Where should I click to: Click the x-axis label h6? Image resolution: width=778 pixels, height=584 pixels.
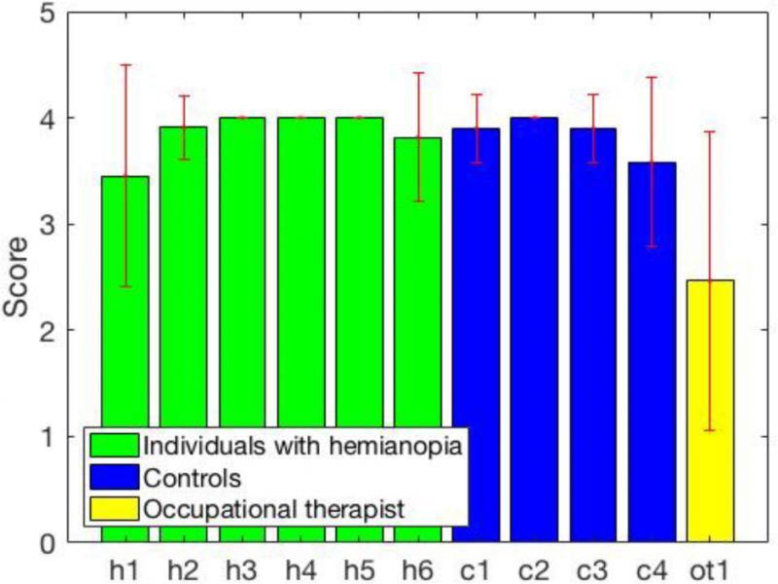[418, 566]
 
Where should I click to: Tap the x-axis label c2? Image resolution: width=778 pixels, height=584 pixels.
[535, 566]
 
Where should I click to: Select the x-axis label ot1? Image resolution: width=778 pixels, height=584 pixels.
[711, 566]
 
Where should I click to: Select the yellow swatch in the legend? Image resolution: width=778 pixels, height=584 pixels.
[113, 509]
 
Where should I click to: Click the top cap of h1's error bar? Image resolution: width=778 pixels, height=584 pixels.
[124, 65]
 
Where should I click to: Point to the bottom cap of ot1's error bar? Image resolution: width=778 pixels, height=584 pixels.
[711, 430]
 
